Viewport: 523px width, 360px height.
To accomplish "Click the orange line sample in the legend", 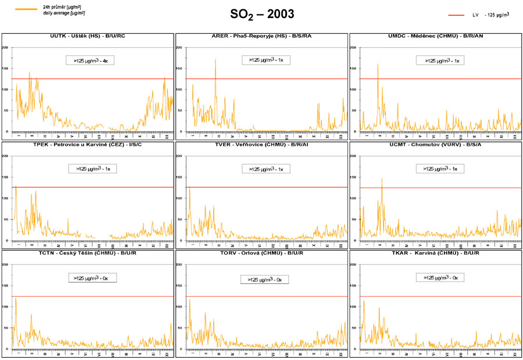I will coord(25,9).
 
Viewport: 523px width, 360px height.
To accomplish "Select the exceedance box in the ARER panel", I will coord(265,59).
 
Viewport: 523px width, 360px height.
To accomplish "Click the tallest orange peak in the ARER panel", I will coord(215,60).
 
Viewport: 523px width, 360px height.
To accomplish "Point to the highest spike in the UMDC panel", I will coord(378,65).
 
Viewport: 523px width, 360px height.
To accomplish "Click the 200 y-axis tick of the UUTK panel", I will coord(5,47).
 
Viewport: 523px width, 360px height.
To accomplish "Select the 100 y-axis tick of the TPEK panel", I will coord(5,198).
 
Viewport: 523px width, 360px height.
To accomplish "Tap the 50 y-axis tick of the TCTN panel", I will coord(6,328).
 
